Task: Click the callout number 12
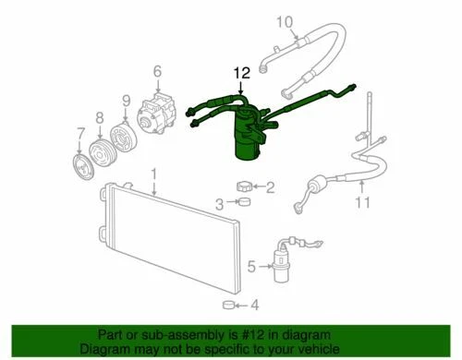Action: tap(241, 72)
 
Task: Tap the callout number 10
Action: tap(285, 21)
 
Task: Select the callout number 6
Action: tap(156, 71)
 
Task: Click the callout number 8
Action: tap(99, 117)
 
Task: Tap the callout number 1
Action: tap(154, 174)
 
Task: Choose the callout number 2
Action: tap(270, 188)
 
